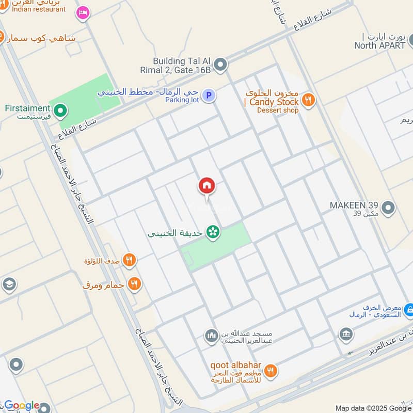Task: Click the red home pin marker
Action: [x=207, y=186]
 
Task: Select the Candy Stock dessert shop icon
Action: [x=308, y=100]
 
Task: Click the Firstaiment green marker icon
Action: [x=61, y=110]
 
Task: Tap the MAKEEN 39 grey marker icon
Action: [x=389, y=209]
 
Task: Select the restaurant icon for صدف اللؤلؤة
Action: [x=130, y=260]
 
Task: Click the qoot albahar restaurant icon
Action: [x=270, y=370]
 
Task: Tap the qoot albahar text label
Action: [x=235, y=366]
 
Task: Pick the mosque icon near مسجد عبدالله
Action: [x=211, y=336]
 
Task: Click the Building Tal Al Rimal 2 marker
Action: [x=220, y=65]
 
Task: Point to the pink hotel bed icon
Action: [x=82, y=12]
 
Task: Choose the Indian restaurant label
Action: [x=39, y=9]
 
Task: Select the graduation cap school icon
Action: [x=9, y=284]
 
